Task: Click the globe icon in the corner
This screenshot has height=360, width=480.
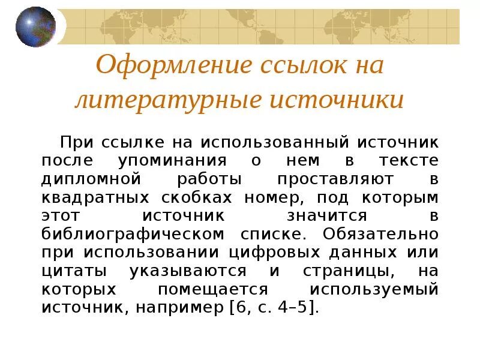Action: [35, 27]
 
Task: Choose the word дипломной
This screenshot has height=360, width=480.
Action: [91, 179]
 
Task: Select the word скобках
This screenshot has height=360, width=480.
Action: [199, 197]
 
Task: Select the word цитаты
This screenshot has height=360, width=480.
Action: [71, 270]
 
